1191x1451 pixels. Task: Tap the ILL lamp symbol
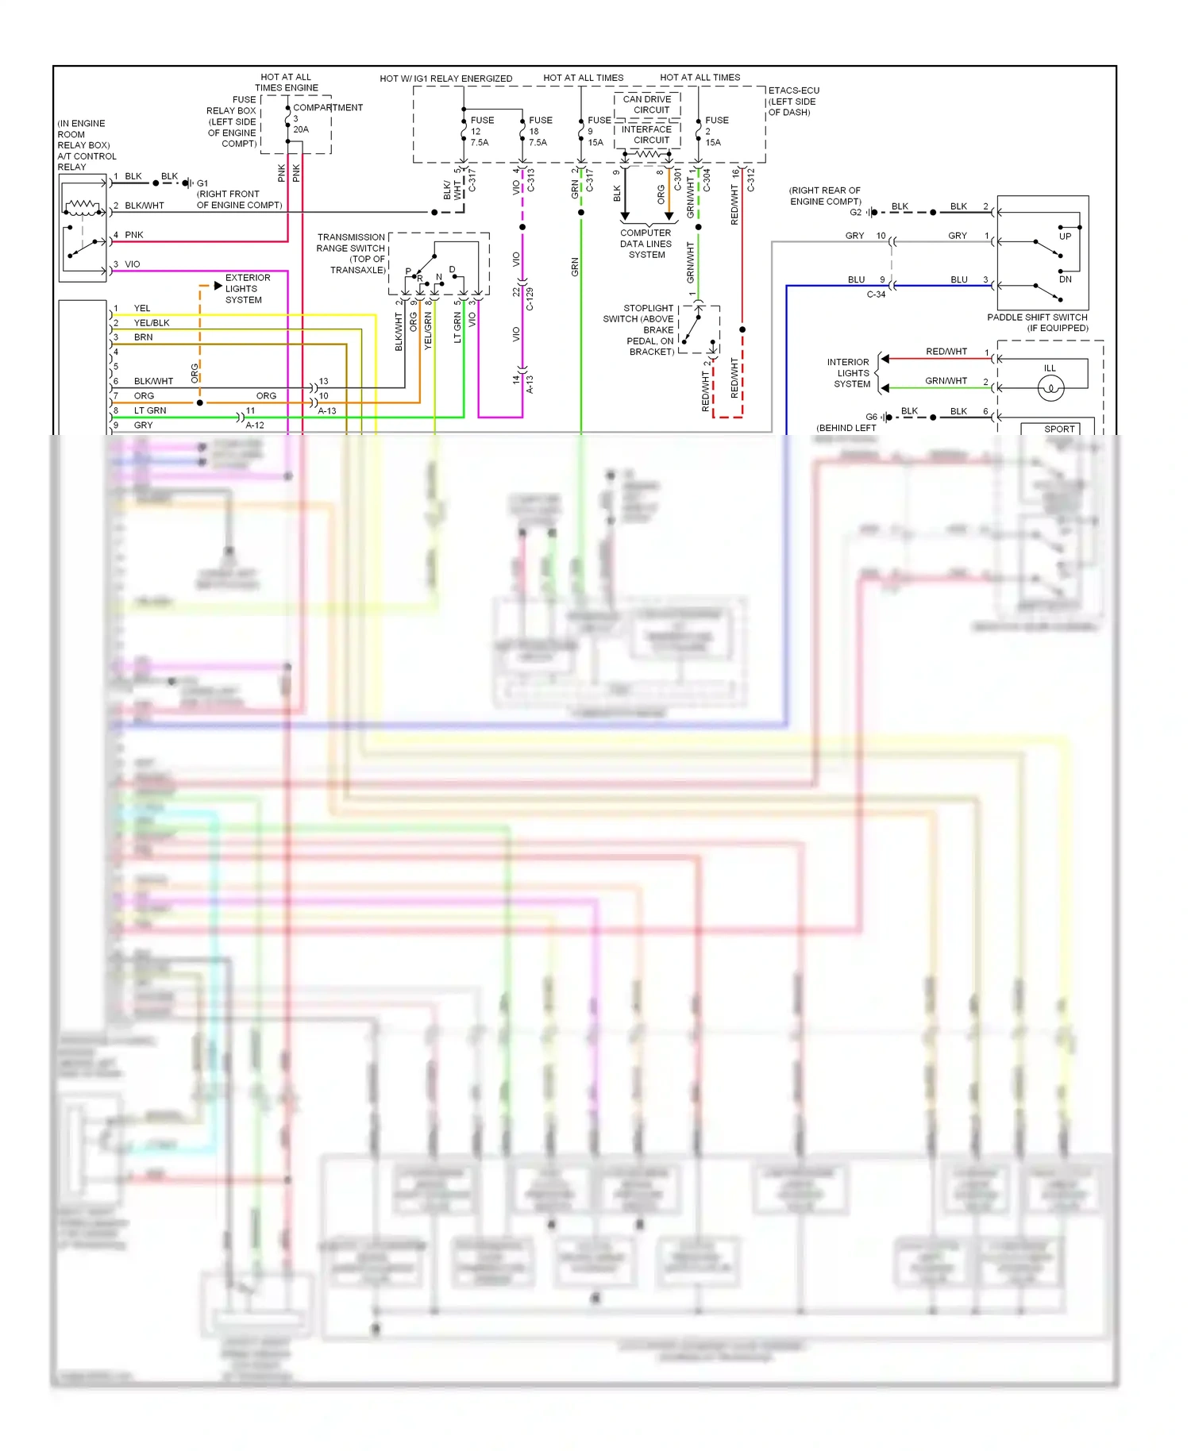click(x=1050, y=387)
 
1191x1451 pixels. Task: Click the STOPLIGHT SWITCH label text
click(x=639, y=329)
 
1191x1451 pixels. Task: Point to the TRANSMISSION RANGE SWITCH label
click(x=351, y=253)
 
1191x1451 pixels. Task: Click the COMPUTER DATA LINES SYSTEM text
click(x=646, y=244)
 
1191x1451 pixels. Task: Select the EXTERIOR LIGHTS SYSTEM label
click(x=247, y=289)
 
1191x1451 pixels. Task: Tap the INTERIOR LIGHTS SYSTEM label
click(x=849, y=373)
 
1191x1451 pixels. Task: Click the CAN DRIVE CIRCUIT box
click(x=647, y=105)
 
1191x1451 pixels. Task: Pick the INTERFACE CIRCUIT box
click(x=647, y=135)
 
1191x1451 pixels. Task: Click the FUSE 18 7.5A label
click(x=539, y=131)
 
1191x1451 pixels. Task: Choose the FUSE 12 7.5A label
click(x=481, y=131)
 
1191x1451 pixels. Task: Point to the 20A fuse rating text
click(x=301, y=129)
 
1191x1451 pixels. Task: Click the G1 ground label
click(x=202, y=183)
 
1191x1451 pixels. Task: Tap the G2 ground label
click(x=855, y=212)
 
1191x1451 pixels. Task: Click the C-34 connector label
click(x=876, y=294)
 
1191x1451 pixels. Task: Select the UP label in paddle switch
click(x=1065, y=237)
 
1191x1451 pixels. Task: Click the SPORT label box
click(x=1059, y=429)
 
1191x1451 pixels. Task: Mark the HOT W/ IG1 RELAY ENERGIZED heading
click(x=445, y=79)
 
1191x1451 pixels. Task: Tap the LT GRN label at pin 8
click(x=150, y=410)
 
